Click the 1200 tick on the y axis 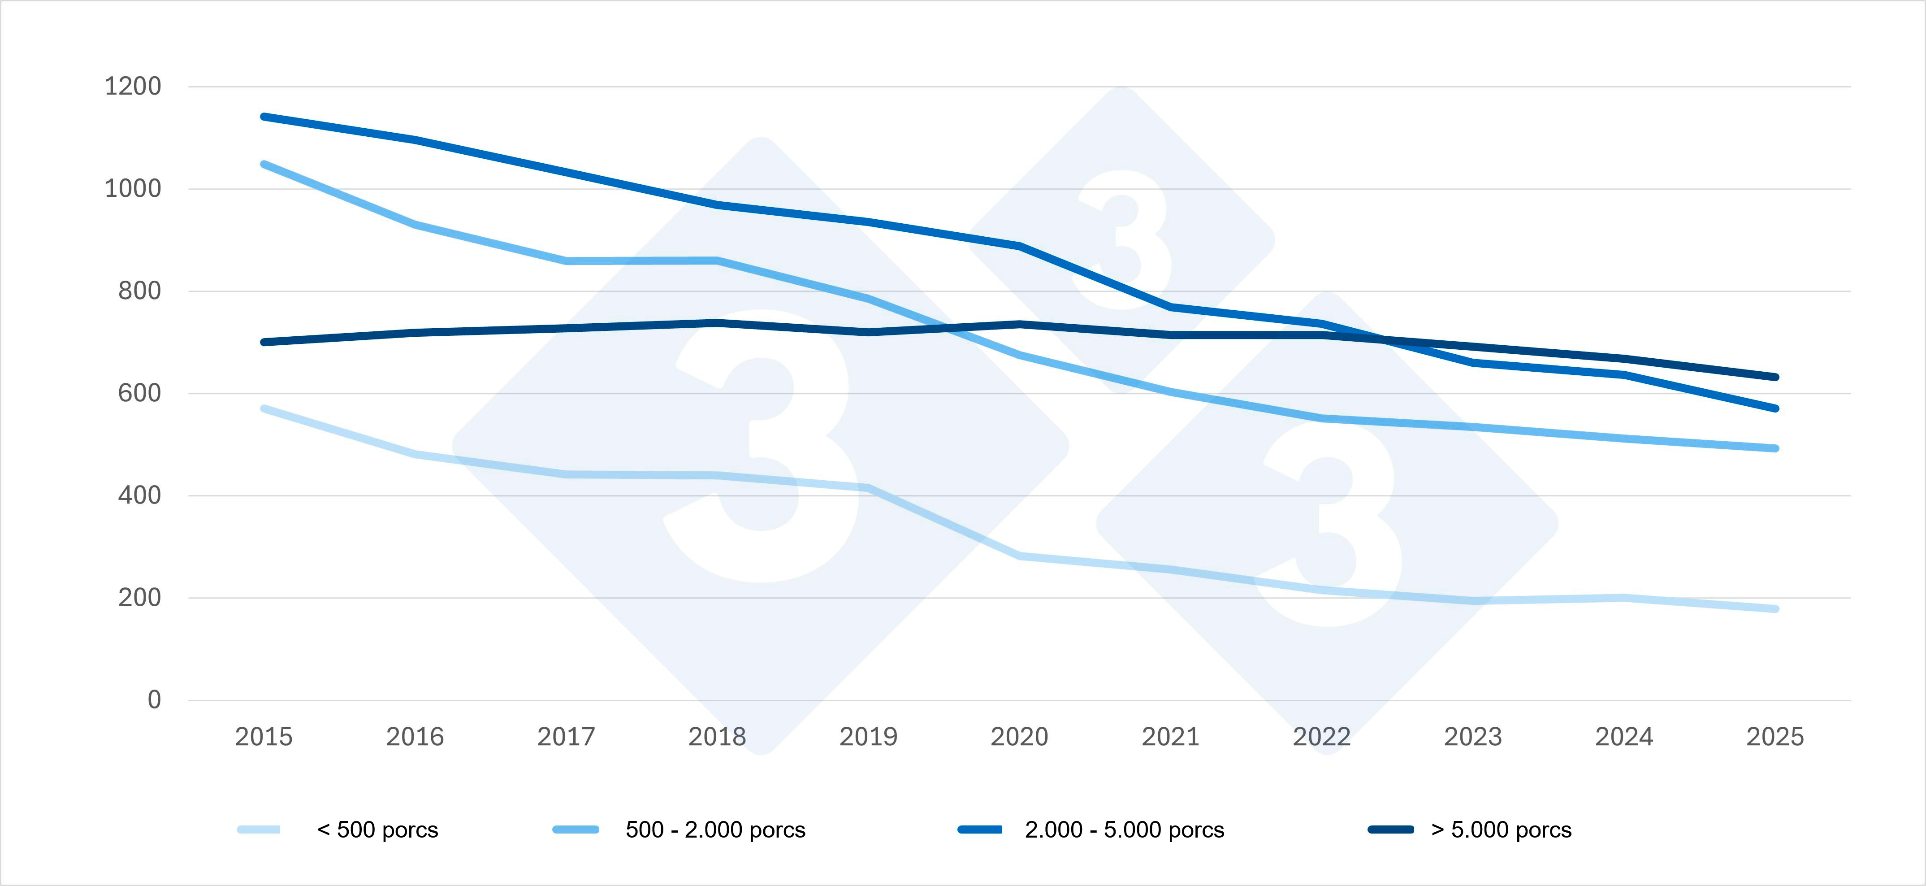(132, 87)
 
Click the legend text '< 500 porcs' (377, 830)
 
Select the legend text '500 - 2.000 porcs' (715, 830)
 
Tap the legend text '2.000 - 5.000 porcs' (1125, 830)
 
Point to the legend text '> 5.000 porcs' (1502, 830)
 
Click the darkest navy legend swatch (1391, 829)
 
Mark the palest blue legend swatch (259, 829)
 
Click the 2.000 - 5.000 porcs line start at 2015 (264, 117)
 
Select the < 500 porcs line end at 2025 (1775, 608)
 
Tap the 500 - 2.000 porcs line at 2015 (264, 164)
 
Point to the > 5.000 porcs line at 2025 (1775, 377)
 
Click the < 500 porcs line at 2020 (1019, 556)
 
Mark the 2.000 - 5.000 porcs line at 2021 (1171, 307)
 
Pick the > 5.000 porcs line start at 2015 (264, 342)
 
